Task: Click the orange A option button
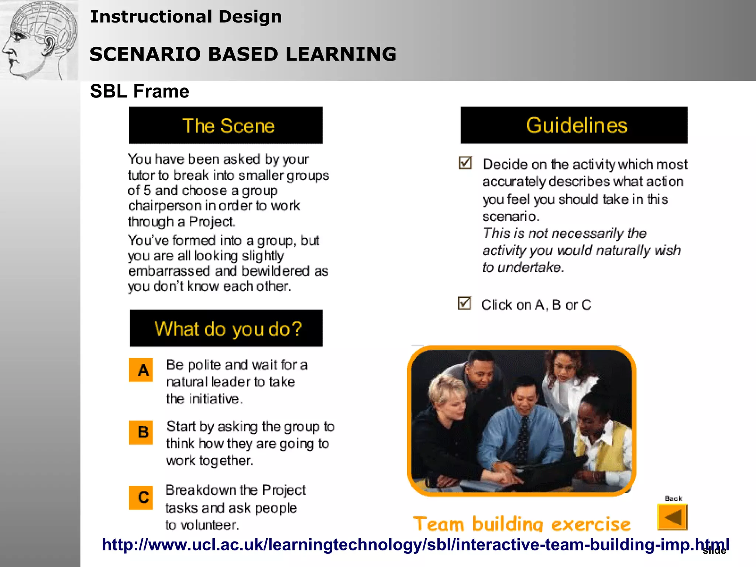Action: [141, 370]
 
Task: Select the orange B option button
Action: [141, 432]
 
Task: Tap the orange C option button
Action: [141, 497]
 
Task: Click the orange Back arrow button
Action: [672, 517]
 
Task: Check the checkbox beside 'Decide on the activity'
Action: [465, 162]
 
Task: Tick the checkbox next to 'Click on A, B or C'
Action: [464, 303]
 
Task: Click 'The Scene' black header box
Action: [226, 126]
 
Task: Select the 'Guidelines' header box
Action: [574, 125]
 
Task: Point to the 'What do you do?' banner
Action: [226, 329]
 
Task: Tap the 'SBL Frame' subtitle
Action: [140, 91]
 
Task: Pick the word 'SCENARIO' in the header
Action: [145, 54]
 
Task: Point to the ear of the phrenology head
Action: [49, 45]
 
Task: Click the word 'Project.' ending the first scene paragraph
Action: [212, 222]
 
